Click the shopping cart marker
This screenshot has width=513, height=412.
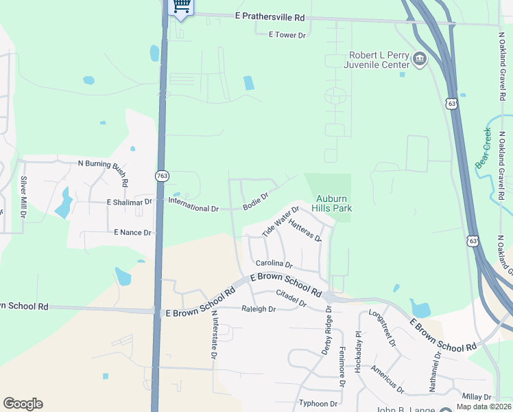[180, 7]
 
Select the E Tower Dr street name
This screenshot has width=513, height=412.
[290, 34]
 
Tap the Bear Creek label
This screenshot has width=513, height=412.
[484, 148]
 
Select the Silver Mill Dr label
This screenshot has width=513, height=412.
[24, 197]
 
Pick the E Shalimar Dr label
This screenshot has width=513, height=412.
[129, 203]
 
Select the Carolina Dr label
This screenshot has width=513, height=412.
[274, 264]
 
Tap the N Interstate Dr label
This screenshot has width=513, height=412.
[214, 335]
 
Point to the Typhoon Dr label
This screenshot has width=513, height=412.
[318, 404]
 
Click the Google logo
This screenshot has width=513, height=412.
[23, 404]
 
